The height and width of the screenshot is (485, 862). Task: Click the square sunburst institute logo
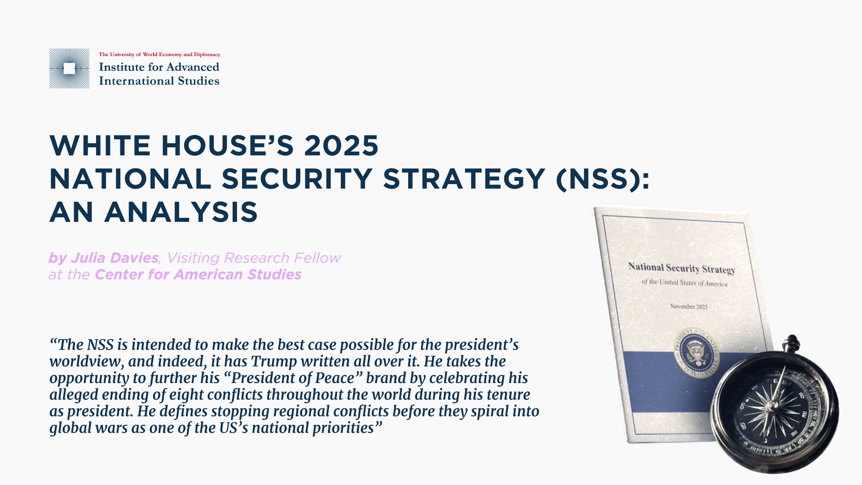pos(69,68)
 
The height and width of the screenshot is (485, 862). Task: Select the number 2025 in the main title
pos(341,145)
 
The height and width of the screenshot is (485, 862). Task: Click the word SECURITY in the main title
pos(297,179)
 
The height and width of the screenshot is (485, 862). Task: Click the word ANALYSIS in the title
pos(181,212)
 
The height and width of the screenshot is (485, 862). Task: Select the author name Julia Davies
pos(114,258)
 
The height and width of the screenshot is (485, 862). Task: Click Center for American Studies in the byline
pos(198,274)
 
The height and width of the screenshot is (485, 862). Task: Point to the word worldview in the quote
pos(84,362)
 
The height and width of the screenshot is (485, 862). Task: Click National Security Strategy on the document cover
pos(682,268)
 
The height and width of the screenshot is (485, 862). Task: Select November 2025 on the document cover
pos(689,306)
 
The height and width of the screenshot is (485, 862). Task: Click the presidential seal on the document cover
pos(696,353)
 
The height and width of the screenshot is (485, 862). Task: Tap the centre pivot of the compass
pos(772,406)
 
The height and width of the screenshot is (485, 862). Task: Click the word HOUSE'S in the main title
pos(227,145)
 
